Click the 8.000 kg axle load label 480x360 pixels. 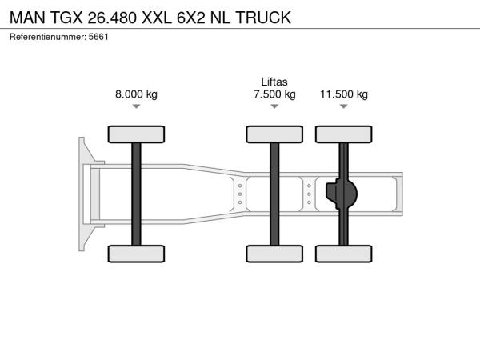[x=136, y=94]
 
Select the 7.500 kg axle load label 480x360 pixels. [x=274, y=94]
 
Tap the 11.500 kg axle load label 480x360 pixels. [x=344, y=94]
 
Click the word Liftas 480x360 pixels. [x=274, y=82]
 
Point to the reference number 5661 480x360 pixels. [x=98, y=37]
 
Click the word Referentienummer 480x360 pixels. [x=48, y=37]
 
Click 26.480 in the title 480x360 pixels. [x=112, y=18]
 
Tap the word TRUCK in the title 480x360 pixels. [x=263, y=18]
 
